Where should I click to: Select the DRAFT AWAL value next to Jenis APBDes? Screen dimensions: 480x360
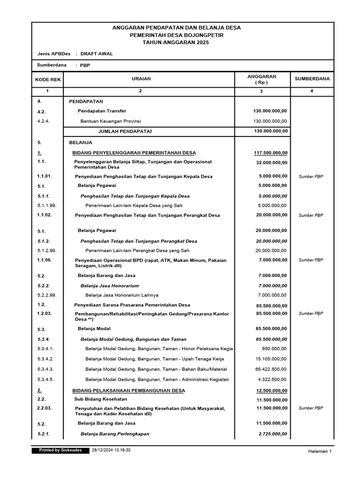click(97, 54)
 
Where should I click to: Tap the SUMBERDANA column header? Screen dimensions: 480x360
click(312, 79)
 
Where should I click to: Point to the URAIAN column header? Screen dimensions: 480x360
click(141, 79)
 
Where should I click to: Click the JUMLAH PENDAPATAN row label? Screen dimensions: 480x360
click(125, 131)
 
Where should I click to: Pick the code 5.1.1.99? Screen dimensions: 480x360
click(47, 205)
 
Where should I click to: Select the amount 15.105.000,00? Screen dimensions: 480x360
click(272, 359)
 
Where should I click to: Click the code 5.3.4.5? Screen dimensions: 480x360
click(45, 380)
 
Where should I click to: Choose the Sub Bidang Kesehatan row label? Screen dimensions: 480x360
click(101, 399)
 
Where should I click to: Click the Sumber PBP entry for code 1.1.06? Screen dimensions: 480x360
click(311, 260)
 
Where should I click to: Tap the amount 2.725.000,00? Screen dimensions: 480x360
click(273, 434)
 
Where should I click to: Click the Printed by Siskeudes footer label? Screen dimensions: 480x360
click(60, 450)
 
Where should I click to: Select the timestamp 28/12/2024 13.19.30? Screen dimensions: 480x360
click(111, 450)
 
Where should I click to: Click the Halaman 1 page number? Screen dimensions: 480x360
click(320, 451)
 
